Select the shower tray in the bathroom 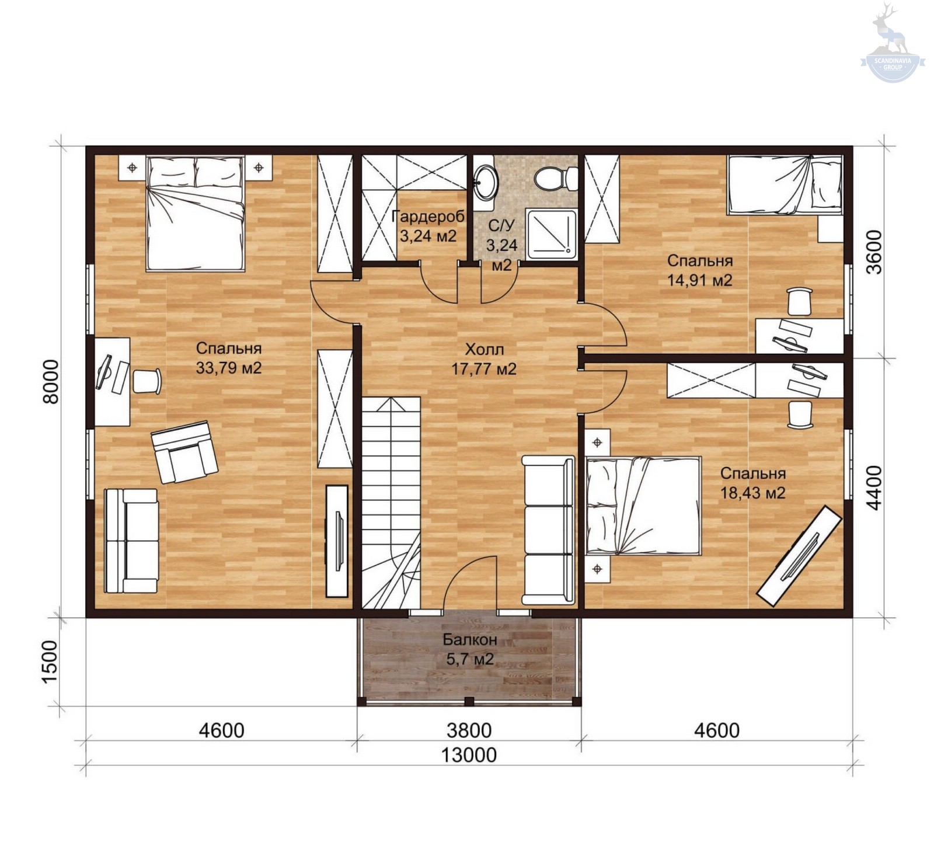click(552, 234)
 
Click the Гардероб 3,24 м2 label click(428, 226)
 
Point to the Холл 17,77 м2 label click(484, 359)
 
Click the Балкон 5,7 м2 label click(470, 649)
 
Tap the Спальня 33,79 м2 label click(229, 358)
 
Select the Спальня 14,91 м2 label click(700, 270)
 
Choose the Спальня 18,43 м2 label click(752, 482)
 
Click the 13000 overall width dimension click(468, 755)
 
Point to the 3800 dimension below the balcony click(469, 730)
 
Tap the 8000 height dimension click(51, 381)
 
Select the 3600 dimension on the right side click(873, 252)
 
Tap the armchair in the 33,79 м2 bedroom click(184, 452)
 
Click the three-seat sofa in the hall click(548, 530)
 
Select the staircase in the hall click(391, 503)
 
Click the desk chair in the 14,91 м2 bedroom click(799, 301)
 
